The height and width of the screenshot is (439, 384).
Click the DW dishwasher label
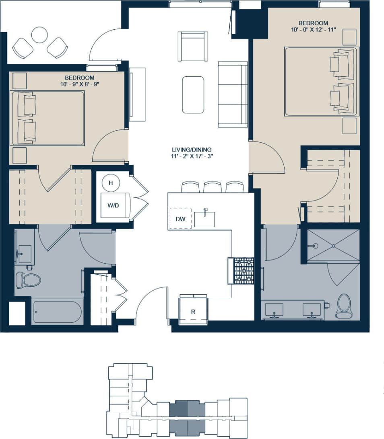180,219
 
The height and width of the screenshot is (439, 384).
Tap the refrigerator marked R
193,311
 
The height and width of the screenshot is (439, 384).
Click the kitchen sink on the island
204,219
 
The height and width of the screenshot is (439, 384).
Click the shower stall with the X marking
333,246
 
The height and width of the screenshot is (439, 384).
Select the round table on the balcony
40,35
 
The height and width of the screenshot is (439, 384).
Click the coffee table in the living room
193,95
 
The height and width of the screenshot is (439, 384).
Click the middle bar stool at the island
213,187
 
